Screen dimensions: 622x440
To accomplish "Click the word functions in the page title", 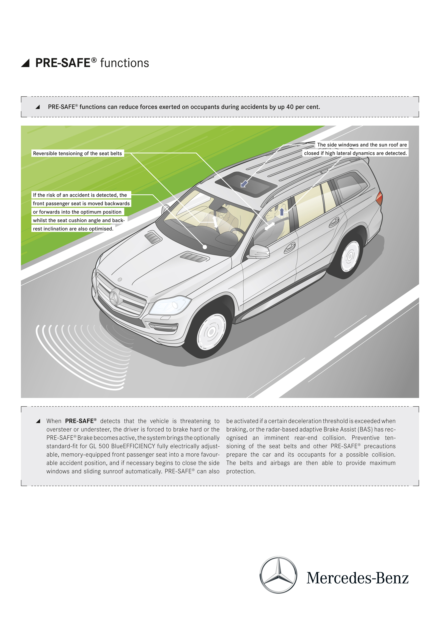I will (x=124, y=63).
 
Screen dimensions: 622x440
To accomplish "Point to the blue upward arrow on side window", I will (x=282, y=212).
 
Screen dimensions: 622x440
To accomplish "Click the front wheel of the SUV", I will (x=211, y=332).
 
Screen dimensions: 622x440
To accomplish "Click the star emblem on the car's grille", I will (x=115, y=297).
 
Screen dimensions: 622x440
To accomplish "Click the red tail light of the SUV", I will (x=379, y=198).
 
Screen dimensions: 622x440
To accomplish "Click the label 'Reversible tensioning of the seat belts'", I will (x=78, y=153).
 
